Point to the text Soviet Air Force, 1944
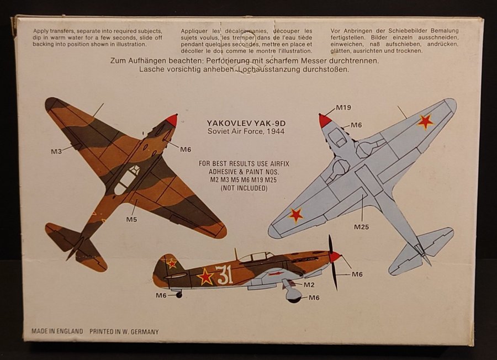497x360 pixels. pyautogui.click(x=246, y=131)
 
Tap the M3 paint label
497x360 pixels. pyautogui.click(x=56, y=151)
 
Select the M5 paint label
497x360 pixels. pyautogui.click(x=131, y=219)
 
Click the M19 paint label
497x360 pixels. pyautogui.click(x=343, y=108)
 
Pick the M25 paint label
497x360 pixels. pyautogui.click(x=361, y=227)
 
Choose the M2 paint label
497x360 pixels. pyautogui.click(x=309, y=285)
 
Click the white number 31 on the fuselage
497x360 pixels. pyautogui.click(x=224, y=275)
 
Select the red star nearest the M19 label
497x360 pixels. pyautogui.click(x=425, y=121)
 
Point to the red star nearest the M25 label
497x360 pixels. pyautogui.click(x=295, y=215)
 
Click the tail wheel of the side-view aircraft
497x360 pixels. pyautogui.click(x=179, y=295)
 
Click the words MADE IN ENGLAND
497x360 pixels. pyautogui.click(x=57, y=331)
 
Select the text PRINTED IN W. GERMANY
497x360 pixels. pyautogui.click(x=124, y=332)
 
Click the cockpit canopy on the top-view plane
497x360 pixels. pyautogui.click(x=127, y=179)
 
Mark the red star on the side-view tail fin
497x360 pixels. pyautogui.click(x=172, y=263)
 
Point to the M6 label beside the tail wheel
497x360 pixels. pyautogui.click(x=161, y=295)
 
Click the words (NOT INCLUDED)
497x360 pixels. pyautogui.click(x=244, y=188)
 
